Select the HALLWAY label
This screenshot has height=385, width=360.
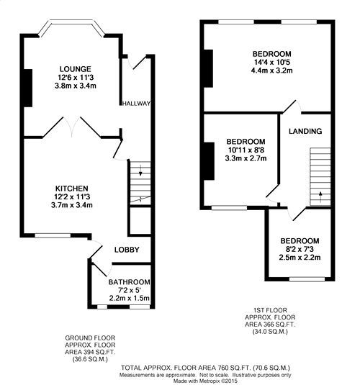click(137, 104)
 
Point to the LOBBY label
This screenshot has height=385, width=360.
click(126, 250)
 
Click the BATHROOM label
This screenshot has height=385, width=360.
click(130, 281)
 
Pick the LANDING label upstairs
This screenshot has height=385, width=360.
click(305, 131)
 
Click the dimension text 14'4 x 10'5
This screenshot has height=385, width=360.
click(271, 63)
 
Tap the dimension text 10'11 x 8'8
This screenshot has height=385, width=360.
click(246, 150)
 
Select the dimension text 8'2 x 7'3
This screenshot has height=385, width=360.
click(300, 249)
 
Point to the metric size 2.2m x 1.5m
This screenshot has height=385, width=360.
click(130, 298)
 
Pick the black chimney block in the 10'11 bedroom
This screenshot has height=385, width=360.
click(209, 160)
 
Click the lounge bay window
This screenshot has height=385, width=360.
click(71, 30)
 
